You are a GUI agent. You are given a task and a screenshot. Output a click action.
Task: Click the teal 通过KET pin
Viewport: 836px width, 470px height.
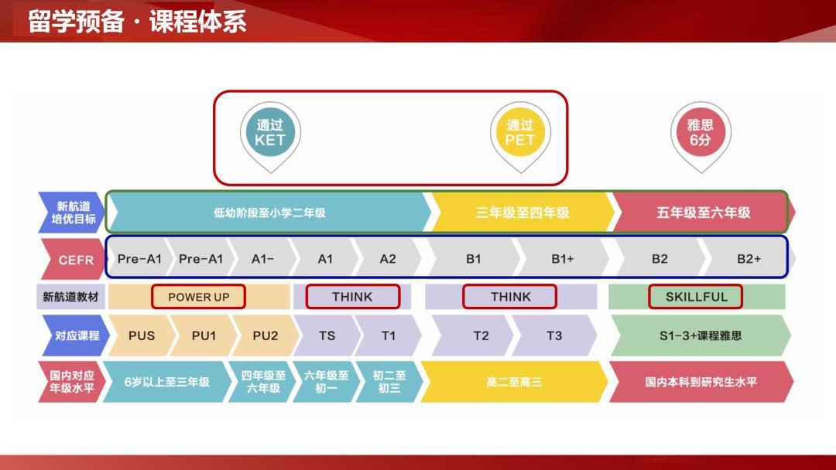coord(270,133)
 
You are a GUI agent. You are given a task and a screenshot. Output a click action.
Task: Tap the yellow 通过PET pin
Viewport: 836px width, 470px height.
coord(520,133)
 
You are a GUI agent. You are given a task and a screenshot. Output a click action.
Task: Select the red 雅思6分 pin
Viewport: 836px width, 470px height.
coord(700,133)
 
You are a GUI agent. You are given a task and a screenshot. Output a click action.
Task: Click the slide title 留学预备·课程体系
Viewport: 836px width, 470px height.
coord(137,21)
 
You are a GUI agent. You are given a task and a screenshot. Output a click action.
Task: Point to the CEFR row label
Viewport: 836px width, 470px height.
coord(75,260)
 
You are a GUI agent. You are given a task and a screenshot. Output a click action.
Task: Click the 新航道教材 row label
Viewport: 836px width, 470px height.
coord(70,297)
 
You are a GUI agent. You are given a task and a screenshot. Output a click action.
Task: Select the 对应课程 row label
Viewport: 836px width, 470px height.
coord(76,335)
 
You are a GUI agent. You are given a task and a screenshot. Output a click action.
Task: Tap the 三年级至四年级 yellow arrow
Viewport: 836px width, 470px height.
coord(522,213)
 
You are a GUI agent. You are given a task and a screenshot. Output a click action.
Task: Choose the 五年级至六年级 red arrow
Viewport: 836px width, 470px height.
coord(703,213)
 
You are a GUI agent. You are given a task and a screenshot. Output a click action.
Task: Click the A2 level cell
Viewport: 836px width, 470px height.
coord(388,259)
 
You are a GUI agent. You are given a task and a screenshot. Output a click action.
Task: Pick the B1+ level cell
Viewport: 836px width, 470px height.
coord(563,259)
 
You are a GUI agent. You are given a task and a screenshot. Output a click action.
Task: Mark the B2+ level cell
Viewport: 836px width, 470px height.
coord(749,259)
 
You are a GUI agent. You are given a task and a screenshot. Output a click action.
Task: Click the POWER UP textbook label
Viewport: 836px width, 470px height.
coord(199,297)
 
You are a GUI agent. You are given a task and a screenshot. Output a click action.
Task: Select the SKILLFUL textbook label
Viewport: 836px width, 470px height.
coord(696,297)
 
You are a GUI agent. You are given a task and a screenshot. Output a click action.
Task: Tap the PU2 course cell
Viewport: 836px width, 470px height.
coord(265,335)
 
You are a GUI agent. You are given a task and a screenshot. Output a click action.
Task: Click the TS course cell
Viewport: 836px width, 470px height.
coord(327,335)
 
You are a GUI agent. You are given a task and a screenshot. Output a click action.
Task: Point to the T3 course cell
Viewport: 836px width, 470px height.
coord(554,335)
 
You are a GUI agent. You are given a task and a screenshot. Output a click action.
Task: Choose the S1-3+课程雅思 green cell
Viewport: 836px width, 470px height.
coord(701,335)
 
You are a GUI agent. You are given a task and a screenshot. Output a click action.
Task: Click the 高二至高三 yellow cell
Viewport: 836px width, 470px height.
coord(514,382)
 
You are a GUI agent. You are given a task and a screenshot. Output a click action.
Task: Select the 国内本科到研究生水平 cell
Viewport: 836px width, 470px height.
coord(701,382)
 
